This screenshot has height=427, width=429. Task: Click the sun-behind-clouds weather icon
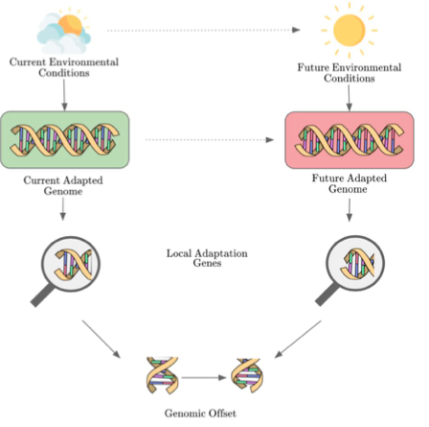64,33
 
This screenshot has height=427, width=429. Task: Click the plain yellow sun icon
350,31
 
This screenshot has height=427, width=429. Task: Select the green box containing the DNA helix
64,140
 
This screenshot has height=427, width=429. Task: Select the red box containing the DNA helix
350,140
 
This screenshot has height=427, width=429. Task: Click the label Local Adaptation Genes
207,258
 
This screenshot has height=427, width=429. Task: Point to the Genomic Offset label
200,414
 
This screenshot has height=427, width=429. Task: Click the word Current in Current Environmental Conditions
27,61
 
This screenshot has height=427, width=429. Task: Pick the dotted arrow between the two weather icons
204,30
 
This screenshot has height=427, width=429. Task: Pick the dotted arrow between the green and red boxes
210,140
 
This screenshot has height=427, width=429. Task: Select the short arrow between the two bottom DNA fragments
204,378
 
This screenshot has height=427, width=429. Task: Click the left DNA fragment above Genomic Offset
162,376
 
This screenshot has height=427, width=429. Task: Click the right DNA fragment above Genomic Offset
247,375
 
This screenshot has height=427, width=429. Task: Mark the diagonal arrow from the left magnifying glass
102,339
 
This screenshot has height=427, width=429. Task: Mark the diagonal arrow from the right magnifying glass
298,340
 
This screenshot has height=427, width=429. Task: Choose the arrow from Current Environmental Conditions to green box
64,95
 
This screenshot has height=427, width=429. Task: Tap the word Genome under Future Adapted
348,189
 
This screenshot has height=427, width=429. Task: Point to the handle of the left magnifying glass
43,296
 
